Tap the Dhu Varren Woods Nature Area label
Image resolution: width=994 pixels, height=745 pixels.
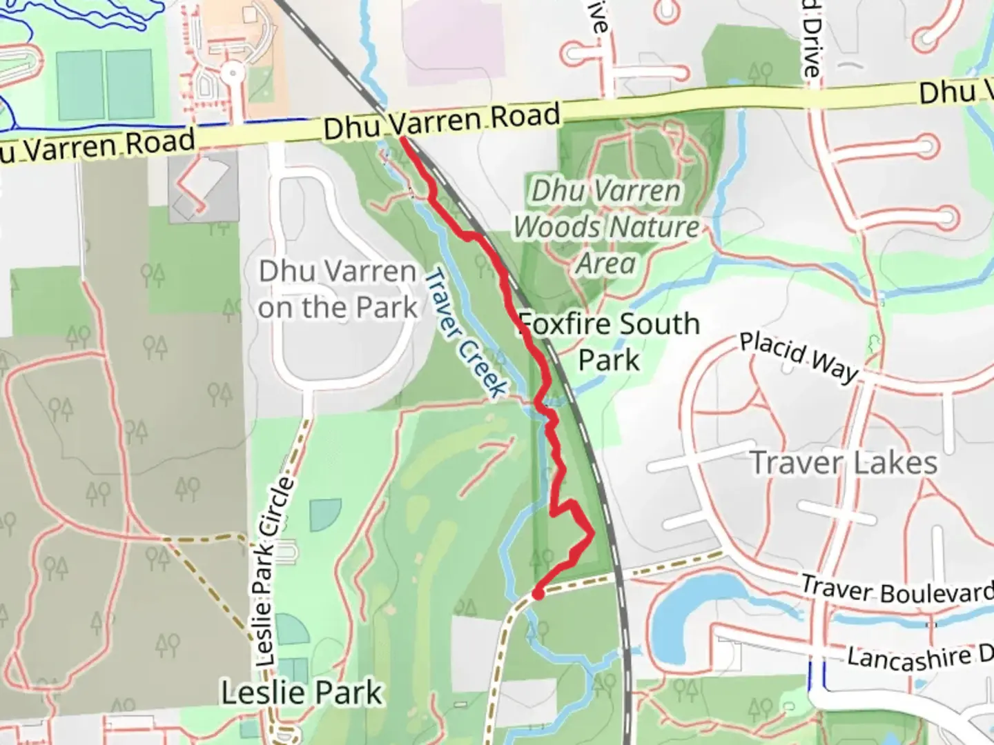[x=606, y=227]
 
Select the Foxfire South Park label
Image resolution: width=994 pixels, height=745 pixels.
[x=609, y=341]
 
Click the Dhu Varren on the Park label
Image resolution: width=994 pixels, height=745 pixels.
[x=338, y=290]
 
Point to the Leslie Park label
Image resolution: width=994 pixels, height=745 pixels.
[x=302, y=693]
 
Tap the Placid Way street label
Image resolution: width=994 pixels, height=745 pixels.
[x=799, y=356]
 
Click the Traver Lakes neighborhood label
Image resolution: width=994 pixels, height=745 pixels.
[x=844, y=463]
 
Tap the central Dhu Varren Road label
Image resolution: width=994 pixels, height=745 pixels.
[x=441, y=121]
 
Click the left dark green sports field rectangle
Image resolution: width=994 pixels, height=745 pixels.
[x=80, y=84]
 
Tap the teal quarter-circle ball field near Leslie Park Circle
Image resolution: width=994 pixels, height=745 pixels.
[x=324, y=515]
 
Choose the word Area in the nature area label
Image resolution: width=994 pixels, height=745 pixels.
[x=606, y=264]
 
